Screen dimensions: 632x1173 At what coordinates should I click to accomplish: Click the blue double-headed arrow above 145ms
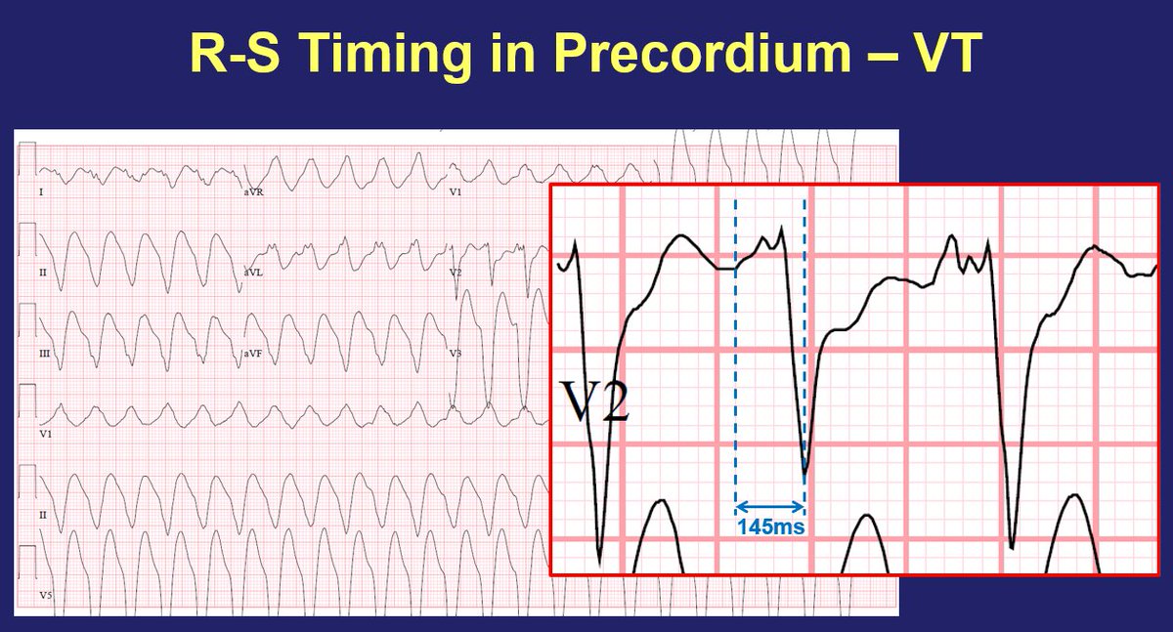pos(769,506)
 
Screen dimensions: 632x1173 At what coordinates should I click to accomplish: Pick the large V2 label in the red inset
pos(592,401)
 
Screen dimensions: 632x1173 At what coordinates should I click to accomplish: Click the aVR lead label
pos(253,193)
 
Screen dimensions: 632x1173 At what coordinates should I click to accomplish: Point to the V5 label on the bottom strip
pos(45,593)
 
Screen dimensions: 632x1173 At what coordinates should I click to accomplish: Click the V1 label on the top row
pos(455,193)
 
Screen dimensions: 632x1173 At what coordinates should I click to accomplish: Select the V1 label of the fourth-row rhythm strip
pos(45,432)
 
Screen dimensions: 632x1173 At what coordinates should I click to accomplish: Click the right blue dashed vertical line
pos(804,342)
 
